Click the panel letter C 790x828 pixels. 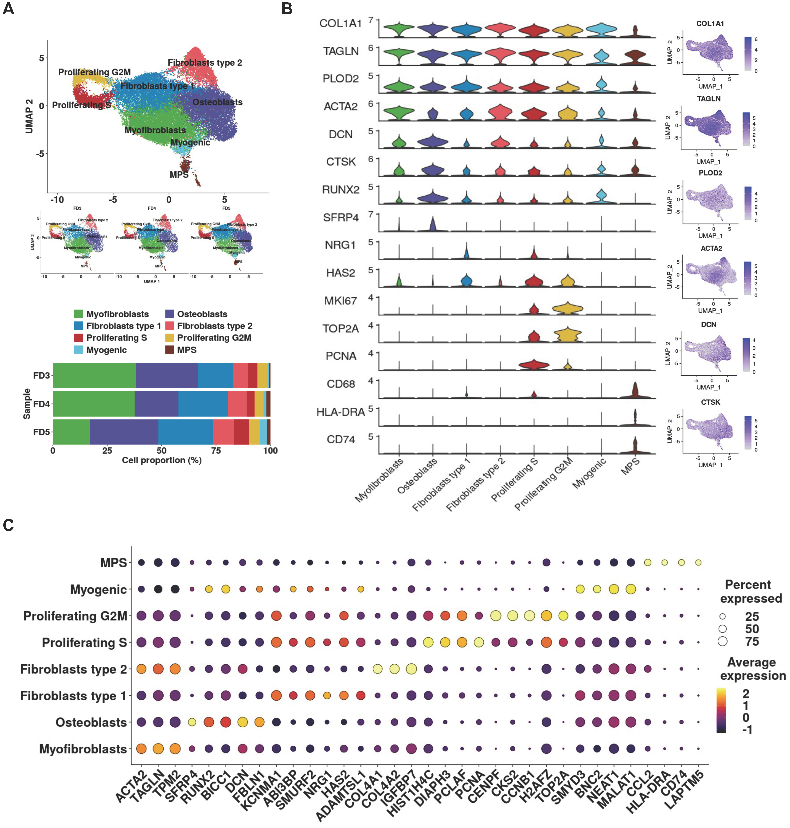pyautogui.click(x=8, y=525)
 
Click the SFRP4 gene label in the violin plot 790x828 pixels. pyautogui.click(x=341, y=218)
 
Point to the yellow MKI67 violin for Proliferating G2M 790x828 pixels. pyautogui.click(x=567, y=309)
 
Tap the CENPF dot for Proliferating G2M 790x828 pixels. pyautogui.click(x=496, y=616)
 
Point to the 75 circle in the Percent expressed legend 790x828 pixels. pyautogui.click(x=723, y=641)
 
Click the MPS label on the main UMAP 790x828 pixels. pyautogui.click(x=179, y=175)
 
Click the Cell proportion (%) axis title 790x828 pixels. pyautogui.click(x=162, y=460)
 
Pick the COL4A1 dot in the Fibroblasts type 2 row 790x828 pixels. pyautogui.click(x=377, y=669)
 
